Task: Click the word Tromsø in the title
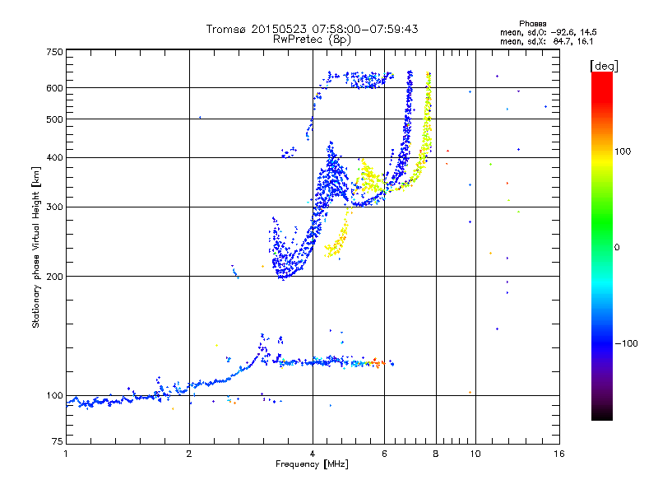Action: pyautogui.click(x=226, y=29)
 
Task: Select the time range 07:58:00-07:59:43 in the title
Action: pyautogui.click(x=364, y=29)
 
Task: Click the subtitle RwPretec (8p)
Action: pyautogui.click(x=312, y=40)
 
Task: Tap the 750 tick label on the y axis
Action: pyautogui.click(x=55, y=52)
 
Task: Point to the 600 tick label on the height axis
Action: pyautogui.click(x=55, y=88)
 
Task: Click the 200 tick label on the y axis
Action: pyautogui.click(x=55, y=277)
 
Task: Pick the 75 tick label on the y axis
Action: pyautogui.click(x=58, y=441)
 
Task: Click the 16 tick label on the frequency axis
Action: pyautogui.click(x=559, y=454)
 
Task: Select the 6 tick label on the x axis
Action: pyautogui.click(x=384, y=454)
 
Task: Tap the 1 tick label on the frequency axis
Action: pyautogui.click(x=66, y=454)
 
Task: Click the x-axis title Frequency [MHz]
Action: pyautogui.click(x=312, y=464)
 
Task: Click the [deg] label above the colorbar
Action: pyautogui.click(x=604, y=66)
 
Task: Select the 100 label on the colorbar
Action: pyautogui.click(x=623, y=151)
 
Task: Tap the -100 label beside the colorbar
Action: pyautogui.click(x=626, y=343)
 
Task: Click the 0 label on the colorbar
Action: pyautogui.click(x=617, y=248)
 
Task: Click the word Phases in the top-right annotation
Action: pyautogui.click(x=532, y=24)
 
